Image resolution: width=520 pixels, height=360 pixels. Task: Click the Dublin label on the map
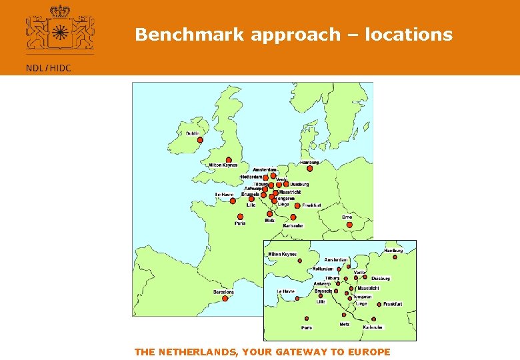tap(193, 133)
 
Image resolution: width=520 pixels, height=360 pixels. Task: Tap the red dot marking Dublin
tap(199, 140)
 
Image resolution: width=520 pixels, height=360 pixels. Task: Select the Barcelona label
tap(224, 292)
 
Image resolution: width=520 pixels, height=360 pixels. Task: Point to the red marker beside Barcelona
tap(225, 299)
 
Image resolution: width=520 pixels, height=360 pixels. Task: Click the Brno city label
tap(347, 217)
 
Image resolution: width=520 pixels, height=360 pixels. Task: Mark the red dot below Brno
tap(349, 225)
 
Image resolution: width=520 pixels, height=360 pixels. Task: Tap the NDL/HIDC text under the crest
tap(48, 67)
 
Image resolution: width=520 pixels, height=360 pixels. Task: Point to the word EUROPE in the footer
tap(368, 352)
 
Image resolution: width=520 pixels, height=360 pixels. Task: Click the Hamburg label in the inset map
tap(393, 251)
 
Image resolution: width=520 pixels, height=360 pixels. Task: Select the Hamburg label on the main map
tap(309, 162)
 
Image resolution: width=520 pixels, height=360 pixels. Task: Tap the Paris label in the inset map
tap(307, 327)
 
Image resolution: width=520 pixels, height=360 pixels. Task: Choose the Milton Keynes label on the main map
tap(223, 165)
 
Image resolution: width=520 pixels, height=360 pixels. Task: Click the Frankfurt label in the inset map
tap(393, 304)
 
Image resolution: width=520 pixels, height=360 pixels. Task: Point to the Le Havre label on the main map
tap(224, 195)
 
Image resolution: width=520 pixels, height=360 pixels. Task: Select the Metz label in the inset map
tap(344, 324)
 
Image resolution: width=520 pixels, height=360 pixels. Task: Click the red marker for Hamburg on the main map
tap(309, 169)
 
